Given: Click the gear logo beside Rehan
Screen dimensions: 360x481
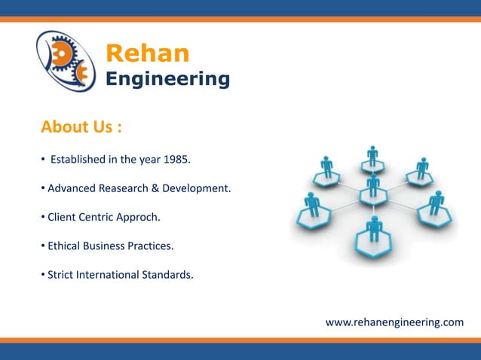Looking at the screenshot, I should tap(66, 61).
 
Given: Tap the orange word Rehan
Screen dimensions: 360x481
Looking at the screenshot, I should tap(147, 53).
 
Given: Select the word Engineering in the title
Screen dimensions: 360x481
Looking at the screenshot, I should tap(167, 78).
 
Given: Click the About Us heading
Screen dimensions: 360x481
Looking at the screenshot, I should tap(81, 127).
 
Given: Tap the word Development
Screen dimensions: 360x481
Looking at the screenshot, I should tap(196, 188).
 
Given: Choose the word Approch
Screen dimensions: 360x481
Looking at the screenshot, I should tap(138, 218).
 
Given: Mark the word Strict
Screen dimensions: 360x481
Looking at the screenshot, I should tap(63, 274).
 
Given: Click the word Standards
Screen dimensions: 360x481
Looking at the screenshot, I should tap(167, 274).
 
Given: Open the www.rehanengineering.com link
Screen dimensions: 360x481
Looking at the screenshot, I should tap(394, 322).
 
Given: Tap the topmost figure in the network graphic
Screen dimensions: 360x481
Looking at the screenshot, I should tap(372, 157).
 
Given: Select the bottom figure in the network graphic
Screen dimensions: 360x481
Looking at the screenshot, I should tap(374, 229).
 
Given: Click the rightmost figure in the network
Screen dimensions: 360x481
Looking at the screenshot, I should tap(436, 203).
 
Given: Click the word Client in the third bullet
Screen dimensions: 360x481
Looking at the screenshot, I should tap(63, 218).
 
